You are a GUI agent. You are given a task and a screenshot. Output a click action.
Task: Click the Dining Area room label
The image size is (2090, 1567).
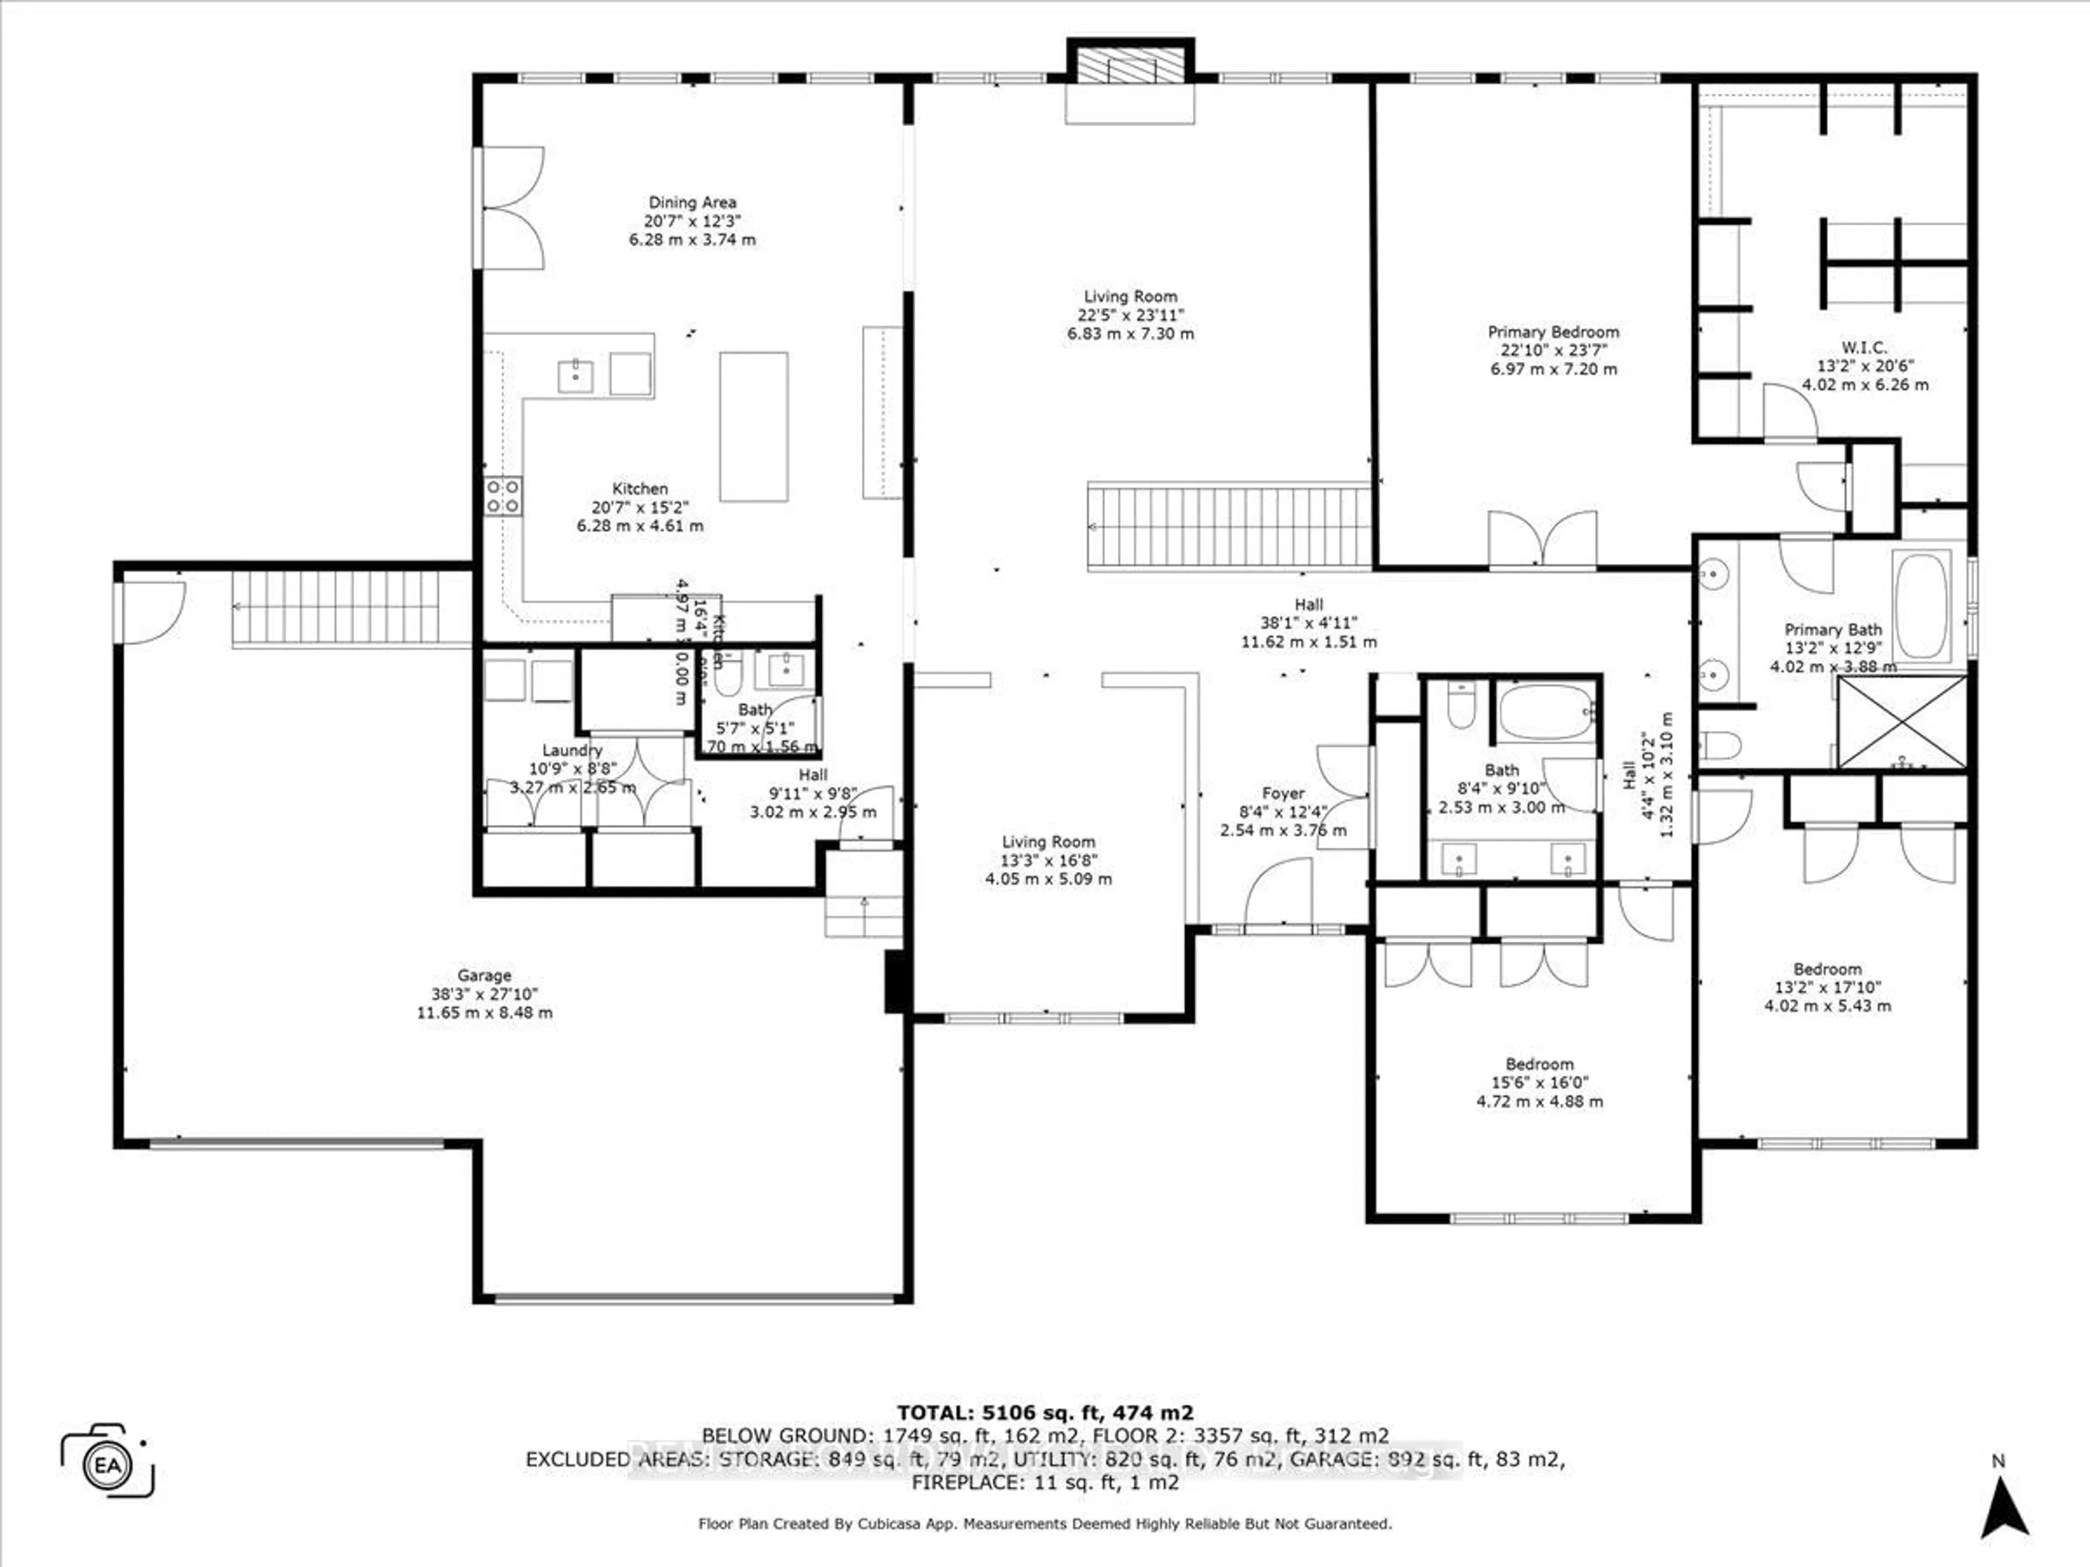click(x=692, y=202)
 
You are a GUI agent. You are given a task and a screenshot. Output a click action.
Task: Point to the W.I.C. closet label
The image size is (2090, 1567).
click(x=1864, y=348)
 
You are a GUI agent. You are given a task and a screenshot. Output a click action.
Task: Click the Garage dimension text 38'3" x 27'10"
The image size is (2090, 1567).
click(x=485, y=994)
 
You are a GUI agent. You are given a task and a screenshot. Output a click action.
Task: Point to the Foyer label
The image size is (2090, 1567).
click(x=1283, y=793)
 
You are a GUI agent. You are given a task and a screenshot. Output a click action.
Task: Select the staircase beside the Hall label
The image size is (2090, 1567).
click(x=1228, y=526)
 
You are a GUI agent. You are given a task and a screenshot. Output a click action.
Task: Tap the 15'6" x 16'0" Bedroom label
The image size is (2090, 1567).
click(x=1539, y=1064)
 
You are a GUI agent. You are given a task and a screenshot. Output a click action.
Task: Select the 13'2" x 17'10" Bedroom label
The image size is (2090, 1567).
click(x=1827, y=969)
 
